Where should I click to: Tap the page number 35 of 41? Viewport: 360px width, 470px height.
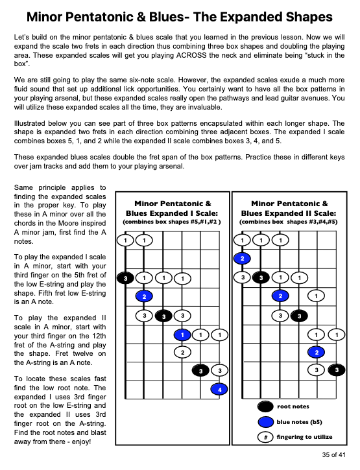point(333,454)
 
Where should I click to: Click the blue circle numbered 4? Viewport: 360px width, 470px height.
point(219,390)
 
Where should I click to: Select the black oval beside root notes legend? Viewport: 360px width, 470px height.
point(265,406)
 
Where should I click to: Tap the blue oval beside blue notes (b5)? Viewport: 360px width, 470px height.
point(265,422)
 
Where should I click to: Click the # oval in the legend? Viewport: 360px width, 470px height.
point(265,437)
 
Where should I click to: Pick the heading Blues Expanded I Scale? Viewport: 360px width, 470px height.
point(172,213)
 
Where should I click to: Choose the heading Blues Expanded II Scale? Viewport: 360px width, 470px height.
point(289,213)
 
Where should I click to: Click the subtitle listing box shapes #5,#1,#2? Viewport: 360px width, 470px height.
point(172,222)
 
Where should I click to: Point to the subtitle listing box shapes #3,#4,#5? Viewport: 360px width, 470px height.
point(289,222)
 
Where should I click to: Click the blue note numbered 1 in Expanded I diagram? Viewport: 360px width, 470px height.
point(182,335)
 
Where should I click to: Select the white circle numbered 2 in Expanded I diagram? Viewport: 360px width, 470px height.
point(182,353)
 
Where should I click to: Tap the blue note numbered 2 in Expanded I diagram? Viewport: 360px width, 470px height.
point(144,296)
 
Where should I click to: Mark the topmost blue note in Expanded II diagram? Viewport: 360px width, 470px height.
point(243,259)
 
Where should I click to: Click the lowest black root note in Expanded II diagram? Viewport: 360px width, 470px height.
point(337,370)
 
